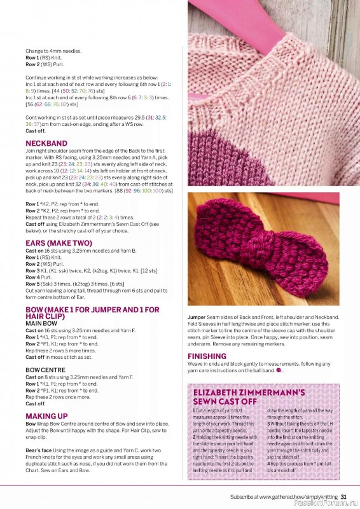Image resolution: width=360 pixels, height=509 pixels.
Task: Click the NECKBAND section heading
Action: coord(46,143)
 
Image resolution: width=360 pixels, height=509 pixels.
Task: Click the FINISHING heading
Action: coord(207,356)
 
